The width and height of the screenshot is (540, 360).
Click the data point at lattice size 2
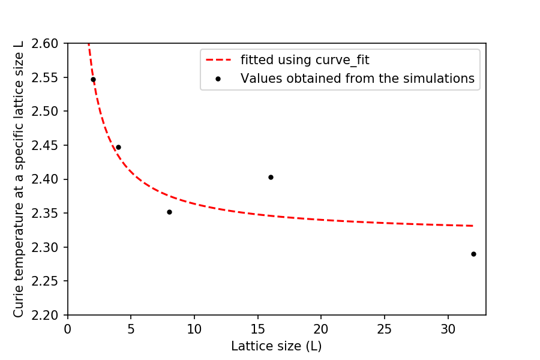click(x=93, y=79)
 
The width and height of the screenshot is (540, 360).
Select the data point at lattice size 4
click(x=118, y=147)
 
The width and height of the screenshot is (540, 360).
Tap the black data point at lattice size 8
click(x=169, y=212)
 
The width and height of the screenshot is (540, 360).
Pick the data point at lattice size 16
click(x=271, y=177)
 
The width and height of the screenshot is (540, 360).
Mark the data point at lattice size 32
click(x=473, y=254)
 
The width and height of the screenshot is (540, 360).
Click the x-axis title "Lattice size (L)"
click(x=277, y=346)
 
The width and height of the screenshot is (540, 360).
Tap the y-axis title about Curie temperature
click(x=19, y=179)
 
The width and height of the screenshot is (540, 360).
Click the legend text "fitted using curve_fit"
click(x=305, y=60)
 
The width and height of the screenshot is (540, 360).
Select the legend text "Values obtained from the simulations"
click(x=358, y=79)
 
